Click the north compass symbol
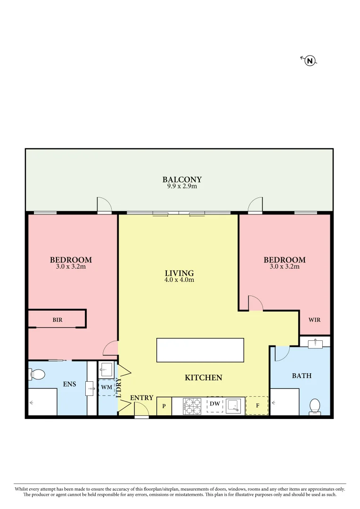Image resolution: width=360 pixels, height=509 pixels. pyautogui.click(x=310, y=60)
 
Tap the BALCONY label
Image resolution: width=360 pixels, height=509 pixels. pyautogui.click(x=182, y=180)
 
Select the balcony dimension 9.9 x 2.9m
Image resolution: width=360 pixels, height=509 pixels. pyautogui.click(x=182, y=186)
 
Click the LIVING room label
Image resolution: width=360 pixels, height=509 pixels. pyautogui.click(x=179, y=273)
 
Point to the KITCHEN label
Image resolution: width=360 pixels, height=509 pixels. pyautogui.click(x=203, y=378)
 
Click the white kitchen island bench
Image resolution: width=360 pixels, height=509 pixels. pyautogui.click(x=200, y=350)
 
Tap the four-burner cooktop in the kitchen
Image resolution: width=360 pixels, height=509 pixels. pyautogui.click(x=192, y=406)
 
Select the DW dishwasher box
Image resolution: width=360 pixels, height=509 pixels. pyautogui.click(x=215, y=404)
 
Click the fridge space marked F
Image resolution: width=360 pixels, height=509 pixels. pyautogui.click(x=257, y=405)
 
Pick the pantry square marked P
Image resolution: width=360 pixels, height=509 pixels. pyautogui.click(x=164, y=406)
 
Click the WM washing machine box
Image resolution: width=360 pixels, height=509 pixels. pyautogui.click(x=106, y=387)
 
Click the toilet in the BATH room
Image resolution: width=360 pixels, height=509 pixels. pyautogui.click(x=314, y=406)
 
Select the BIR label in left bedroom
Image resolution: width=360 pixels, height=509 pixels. pyautogui.click(x=57, y=320)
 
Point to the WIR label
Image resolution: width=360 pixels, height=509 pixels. pyautogui.click(x=314, y=320)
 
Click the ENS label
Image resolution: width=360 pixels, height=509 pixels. pyautogui.click(x=70, y=384)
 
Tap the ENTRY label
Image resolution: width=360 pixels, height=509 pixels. pyautogui.click(x=141, y=398)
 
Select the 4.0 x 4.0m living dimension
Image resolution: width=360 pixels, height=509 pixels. pyautogui.click(x=179, y=279)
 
